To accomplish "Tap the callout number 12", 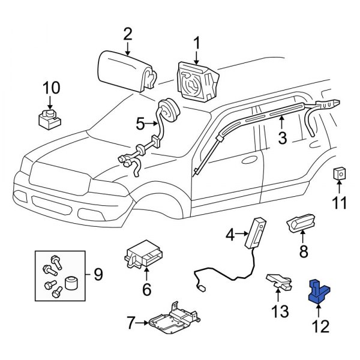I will [321, 327].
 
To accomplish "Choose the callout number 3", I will [281, 139].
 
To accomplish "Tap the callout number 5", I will [140, 124].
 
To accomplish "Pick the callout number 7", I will [130, 324].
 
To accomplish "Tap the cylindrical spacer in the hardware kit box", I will [72, 282].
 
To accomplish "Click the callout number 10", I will [51, 88].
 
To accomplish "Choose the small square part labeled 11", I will [339, 175].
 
